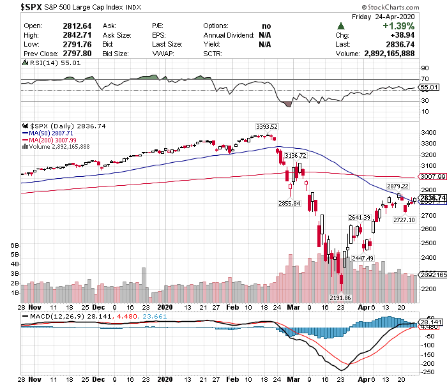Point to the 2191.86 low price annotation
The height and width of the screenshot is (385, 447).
click(339, 298)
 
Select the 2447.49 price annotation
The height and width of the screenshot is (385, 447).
click(362, 258)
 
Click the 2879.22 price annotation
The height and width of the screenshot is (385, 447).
click(397, 186)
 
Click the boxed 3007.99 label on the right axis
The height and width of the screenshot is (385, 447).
click(431, 176)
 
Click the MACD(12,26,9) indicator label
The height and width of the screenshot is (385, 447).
click(50, 315)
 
